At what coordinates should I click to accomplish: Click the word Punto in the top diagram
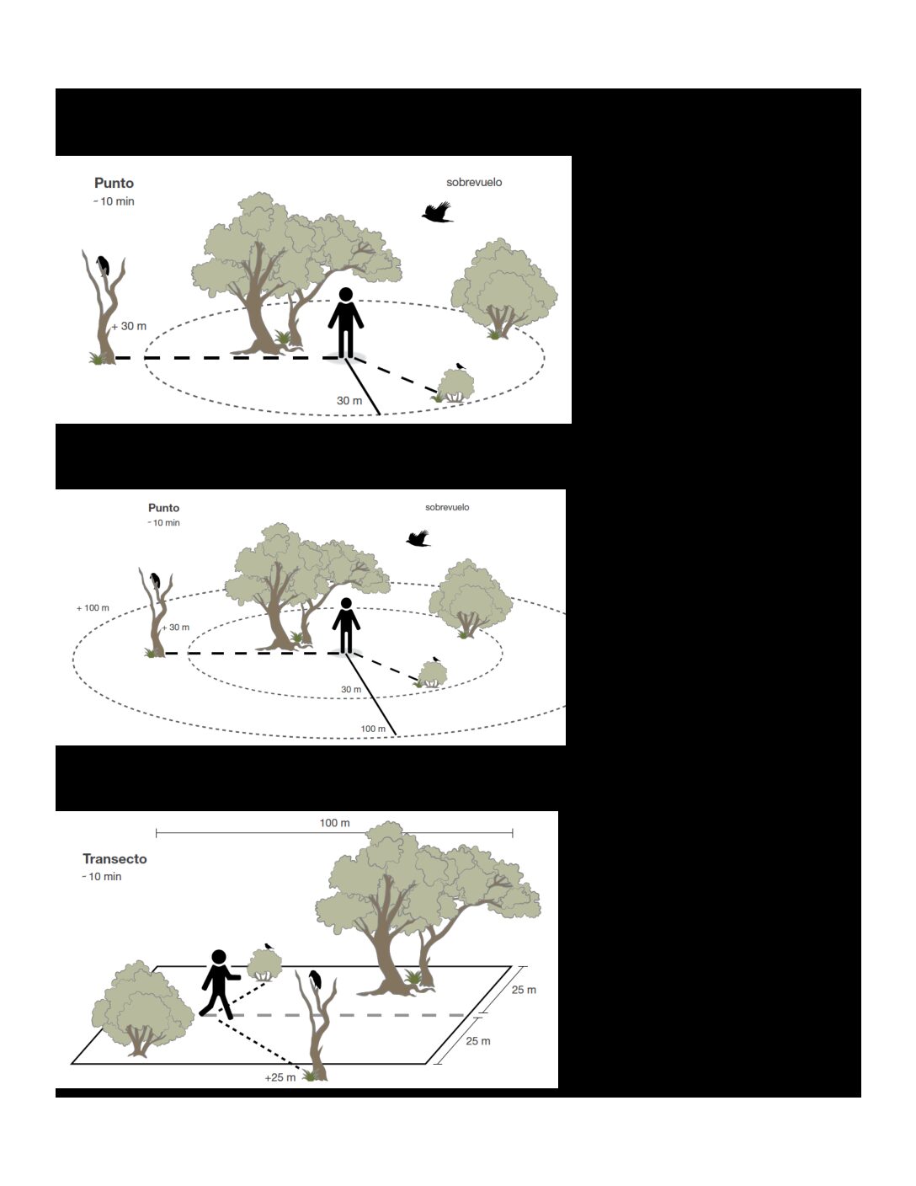[x=114, y=183]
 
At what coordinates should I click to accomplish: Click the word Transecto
[x=114, y=858]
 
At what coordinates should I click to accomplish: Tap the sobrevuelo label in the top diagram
[x=474, y=182]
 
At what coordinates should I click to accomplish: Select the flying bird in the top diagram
[x=437, y=211]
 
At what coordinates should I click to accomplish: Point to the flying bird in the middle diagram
[x=418, y=538]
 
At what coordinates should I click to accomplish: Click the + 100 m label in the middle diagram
[x=93, y=608]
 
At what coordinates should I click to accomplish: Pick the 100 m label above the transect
[x=334, y=822]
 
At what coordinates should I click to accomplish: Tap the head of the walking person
[x=219, y=957]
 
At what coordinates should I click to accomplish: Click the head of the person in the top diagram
[x=346, y=294]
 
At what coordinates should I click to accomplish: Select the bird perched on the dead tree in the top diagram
[x=103, y=265]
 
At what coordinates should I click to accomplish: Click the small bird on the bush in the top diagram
[x=460, y=366]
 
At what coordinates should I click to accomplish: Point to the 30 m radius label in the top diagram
[x=349, y=401]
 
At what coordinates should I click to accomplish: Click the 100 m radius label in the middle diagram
[x=373, y=729]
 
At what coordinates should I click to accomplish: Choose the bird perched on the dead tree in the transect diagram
[x=316, y=980]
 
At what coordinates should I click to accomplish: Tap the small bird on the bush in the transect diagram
[x=268, y=945]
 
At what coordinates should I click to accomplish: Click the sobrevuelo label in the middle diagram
[x=447, y=507]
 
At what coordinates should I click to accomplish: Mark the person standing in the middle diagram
[x=346, y=626]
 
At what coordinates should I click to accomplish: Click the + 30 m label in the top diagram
[x=130, y=326]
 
